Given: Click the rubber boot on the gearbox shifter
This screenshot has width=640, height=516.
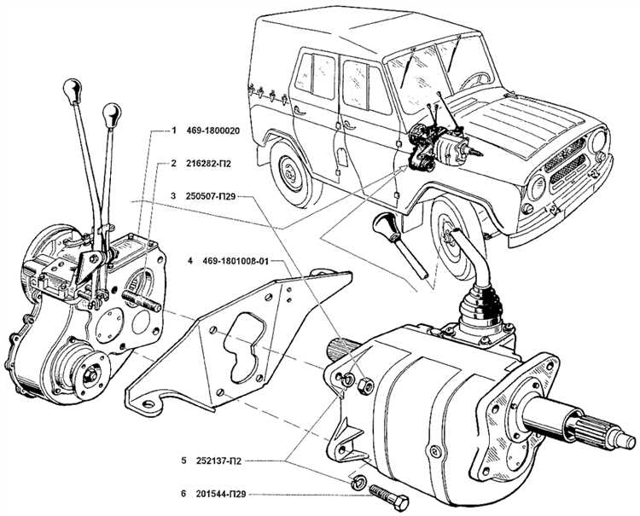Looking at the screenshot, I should click(478, 311).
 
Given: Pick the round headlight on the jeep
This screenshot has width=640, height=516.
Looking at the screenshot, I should click(537, 188).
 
